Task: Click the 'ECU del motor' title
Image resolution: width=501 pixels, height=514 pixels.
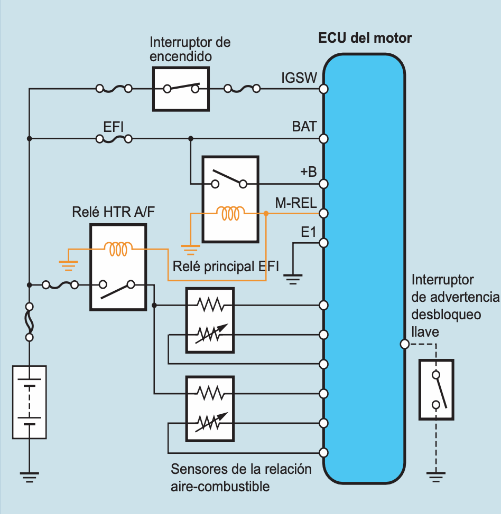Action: pos(365,39)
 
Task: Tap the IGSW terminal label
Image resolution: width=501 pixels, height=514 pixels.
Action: pos(299,79)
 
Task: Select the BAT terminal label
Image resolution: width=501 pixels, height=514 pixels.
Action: pos(304,127)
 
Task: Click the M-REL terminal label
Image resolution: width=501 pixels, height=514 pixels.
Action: pos(296,203)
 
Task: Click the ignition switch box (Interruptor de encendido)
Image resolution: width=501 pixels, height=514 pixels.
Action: pos(181,89)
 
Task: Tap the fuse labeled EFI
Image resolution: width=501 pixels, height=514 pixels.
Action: pos(114,139)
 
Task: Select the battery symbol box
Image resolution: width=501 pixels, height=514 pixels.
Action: pos(30,402)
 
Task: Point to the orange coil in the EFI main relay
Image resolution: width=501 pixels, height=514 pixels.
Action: pos(230,213)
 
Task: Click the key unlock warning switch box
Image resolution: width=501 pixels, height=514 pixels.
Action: pos(436,390)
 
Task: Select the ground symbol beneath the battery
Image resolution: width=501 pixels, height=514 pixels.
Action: pos(30,478)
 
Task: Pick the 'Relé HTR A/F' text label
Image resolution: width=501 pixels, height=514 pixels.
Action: pos(109,212)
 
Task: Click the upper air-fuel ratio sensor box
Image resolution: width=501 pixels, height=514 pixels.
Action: pos(209,320)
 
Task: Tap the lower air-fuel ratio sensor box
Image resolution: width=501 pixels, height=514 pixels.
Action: pos(209,408)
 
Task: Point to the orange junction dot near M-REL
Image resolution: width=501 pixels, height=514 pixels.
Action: pos(266,214)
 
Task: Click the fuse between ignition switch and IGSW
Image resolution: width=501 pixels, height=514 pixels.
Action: pos(242,89)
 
